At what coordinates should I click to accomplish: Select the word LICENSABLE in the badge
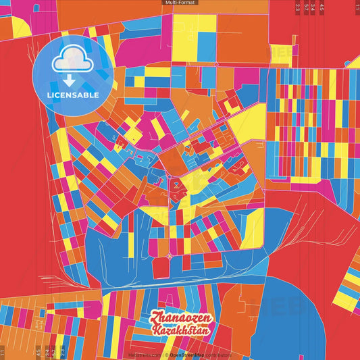click(x=72, y=95)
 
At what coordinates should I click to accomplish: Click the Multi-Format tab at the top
click(x=180, y=3)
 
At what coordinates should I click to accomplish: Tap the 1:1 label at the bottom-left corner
click(x=3, y=352)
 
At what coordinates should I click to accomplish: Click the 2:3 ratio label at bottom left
click(x=62, y=352)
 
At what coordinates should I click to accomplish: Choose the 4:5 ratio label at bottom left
click(x=38, y=352)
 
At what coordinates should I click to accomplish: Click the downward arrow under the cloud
click(x=72, y=79)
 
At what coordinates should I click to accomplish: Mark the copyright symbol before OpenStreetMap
click(x=166, y=354)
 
